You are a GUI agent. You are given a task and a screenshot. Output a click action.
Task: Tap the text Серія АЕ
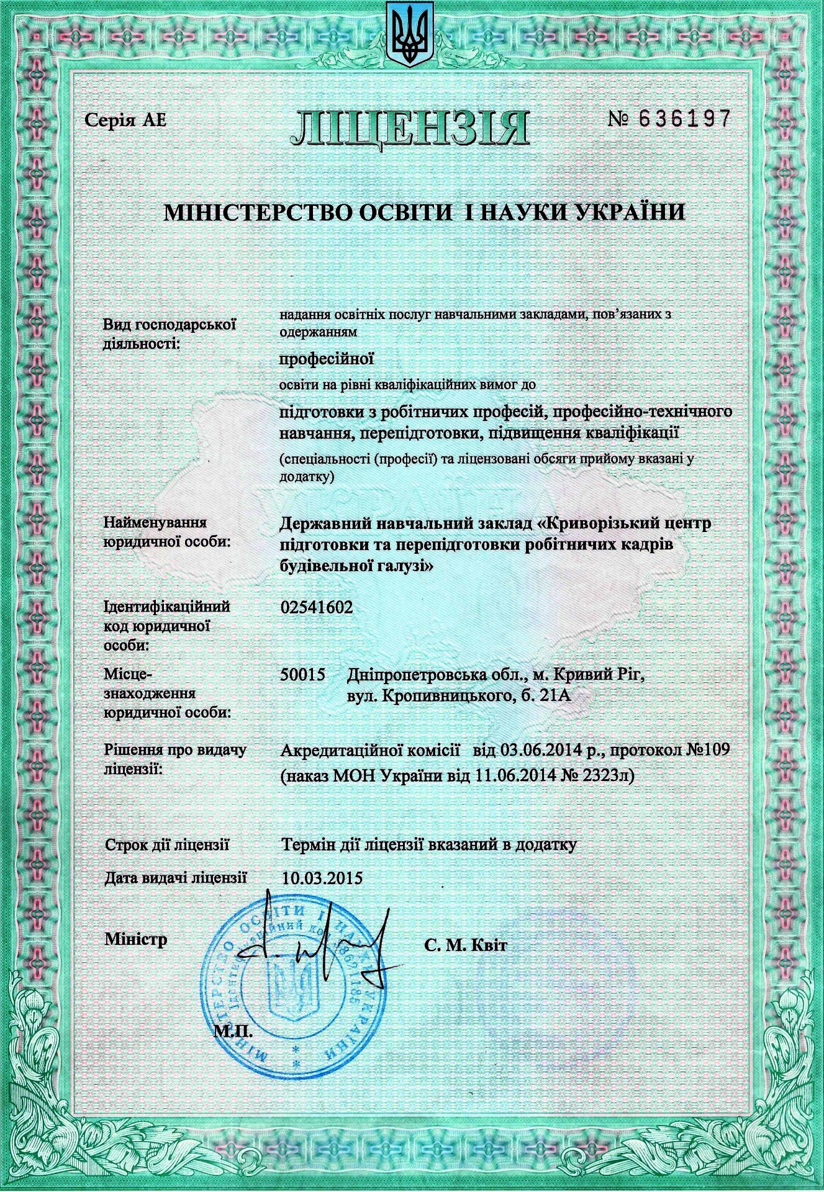click(x=126, y=120)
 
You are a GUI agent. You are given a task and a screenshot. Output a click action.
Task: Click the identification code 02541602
click(x=317, y=608)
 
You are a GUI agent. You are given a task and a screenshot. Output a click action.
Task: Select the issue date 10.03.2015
click(x=322, y=878)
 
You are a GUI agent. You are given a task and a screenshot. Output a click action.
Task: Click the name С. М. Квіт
click(x=466, y=946)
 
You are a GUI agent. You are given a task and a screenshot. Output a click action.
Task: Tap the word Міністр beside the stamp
click(x=136, y=939)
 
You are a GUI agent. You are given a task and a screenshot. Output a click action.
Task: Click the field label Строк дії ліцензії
click(x=168, y=845)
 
